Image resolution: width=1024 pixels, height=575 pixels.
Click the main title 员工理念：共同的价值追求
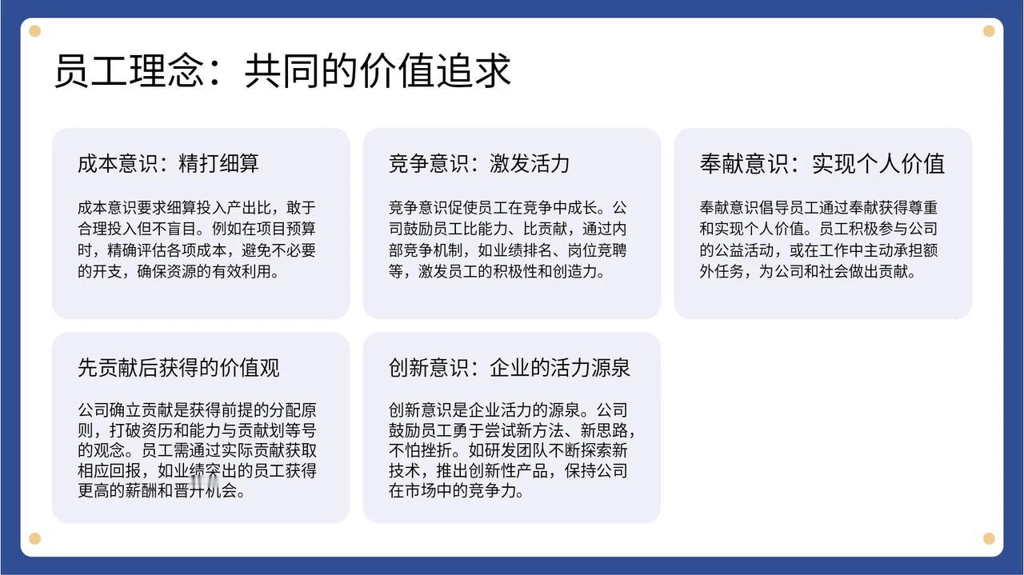282,71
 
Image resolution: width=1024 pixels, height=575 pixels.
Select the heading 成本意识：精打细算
168,164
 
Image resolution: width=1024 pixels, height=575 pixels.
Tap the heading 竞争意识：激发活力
479,164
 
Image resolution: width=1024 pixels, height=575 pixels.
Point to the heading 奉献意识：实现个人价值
822,164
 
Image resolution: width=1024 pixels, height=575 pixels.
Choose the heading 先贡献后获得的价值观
178,368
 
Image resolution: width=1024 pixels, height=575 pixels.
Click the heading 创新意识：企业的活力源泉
510,368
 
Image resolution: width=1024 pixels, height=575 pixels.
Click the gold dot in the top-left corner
34,31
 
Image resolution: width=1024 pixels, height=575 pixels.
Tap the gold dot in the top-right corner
989,31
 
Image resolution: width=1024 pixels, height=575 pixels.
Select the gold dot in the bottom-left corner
34,538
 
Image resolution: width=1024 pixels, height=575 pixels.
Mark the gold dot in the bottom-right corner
989,538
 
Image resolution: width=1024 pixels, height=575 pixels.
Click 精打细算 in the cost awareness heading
218,164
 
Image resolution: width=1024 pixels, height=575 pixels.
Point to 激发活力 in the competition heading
530,164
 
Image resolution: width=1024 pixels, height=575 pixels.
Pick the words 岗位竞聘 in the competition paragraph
597,250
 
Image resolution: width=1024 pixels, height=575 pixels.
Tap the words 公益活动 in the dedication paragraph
744,250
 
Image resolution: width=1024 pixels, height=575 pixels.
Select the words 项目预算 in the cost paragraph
286,229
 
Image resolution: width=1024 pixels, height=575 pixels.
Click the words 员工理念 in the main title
129,71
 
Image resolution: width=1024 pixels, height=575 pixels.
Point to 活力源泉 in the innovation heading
590,368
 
